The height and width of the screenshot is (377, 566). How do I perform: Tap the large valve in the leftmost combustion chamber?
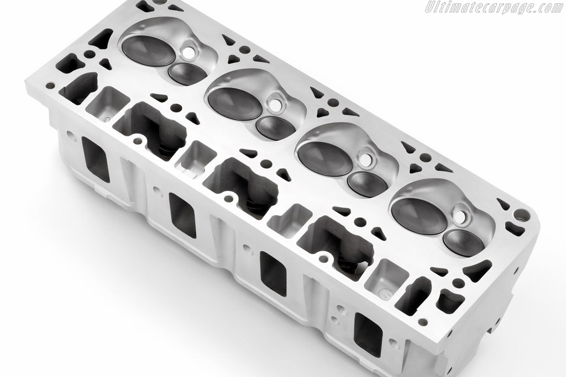coord(148,50)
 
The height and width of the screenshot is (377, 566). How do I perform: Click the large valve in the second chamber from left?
coord(234,102)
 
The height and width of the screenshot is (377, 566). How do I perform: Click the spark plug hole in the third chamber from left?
coord(368,159)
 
